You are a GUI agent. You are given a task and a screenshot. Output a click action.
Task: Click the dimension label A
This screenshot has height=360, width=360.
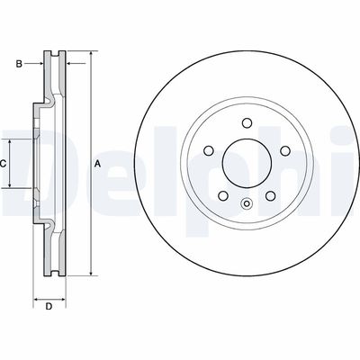click(x=96, y=163)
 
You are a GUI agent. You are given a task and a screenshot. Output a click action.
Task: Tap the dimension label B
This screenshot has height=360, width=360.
click(x=18, y=63)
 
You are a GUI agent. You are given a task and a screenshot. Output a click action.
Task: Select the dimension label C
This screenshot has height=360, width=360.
click(x=4, y=163)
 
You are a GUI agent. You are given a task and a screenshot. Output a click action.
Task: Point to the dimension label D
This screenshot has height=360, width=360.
click(x=49, y=307)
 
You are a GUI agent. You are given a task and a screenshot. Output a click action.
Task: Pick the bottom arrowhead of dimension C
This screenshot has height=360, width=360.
click(x=11, y=186)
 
